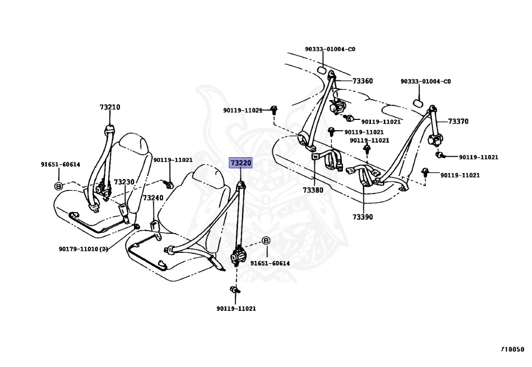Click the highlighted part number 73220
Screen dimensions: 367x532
pos(241,163)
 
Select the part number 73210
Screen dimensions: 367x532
pos(110,107)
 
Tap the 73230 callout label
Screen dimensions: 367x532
pos(124,182)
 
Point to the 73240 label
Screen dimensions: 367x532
pos(153,198)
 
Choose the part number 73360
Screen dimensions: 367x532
pos(363,81)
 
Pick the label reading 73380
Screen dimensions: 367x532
pos(313,190)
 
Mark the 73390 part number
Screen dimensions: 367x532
pos(363,217)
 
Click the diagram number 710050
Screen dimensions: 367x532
pos(512,349)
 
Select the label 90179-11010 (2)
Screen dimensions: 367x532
pos(83,249)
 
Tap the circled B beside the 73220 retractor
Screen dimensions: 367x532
pos(266,241)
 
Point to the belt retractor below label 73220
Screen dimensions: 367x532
pos(239,256)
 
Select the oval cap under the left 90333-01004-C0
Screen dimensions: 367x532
pos(322,71)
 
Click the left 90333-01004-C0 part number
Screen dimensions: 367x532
pos(330,49)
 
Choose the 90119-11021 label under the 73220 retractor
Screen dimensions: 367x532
pos(236,308)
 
